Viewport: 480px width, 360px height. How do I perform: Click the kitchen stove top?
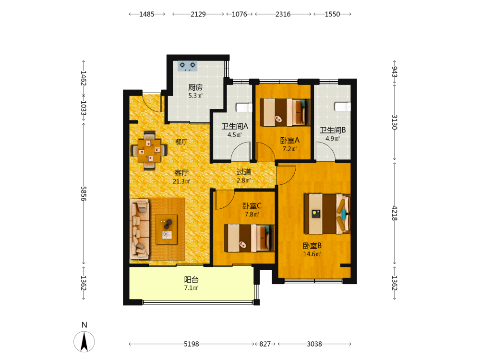(187, 66)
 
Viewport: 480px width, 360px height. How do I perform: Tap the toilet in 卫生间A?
(244, 108)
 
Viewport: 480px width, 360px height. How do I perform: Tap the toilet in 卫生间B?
(342, 107)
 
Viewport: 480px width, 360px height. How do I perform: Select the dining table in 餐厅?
(149, 151)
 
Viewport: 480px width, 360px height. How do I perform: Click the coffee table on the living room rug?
(167, 229)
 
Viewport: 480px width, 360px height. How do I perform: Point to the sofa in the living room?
(140, 228)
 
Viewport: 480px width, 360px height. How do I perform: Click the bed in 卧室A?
(285, 112)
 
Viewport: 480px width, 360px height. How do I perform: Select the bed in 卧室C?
(249, 238)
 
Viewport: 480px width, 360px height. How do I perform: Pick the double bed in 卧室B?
(327, 214)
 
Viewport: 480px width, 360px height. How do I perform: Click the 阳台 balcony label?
(192, 279)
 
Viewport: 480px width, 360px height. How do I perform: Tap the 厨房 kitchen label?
(195, 87)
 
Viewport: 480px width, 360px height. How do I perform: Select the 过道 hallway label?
(244, 172)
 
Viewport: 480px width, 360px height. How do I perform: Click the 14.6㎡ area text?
(312, 254)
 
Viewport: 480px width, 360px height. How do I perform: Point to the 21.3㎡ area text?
(181, 181)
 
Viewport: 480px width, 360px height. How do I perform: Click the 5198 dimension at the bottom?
(192, 344)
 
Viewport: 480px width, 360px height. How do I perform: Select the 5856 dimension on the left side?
(84, 193)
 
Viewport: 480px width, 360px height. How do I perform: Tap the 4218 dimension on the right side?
(395, 214)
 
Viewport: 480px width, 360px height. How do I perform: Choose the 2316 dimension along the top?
(283, 14)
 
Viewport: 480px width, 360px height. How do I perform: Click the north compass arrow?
(84, 341)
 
